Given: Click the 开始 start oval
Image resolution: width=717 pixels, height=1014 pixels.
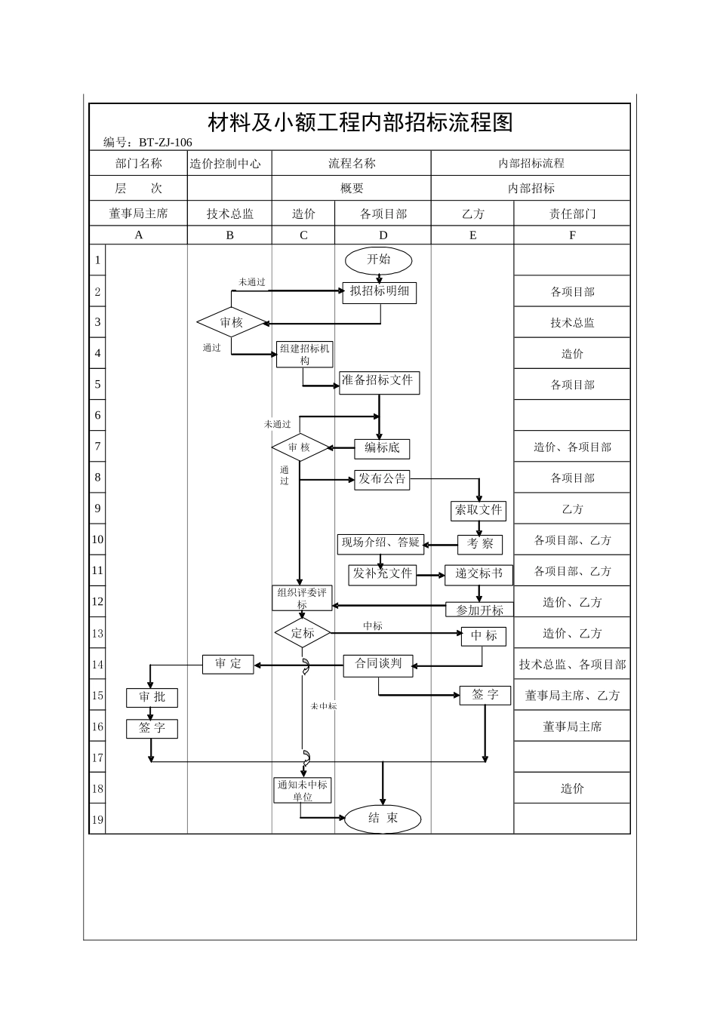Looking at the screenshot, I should [x=379, y=260].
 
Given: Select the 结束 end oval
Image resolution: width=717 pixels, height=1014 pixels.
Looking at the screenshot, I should [x=383, y=819].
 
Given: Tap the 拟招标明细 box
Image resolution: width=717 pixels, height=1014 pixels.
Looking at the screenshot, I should [x=380, y=292].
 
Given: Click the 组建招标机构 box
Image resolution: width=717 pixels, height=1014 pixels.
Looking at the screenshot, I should [x=304, y=354].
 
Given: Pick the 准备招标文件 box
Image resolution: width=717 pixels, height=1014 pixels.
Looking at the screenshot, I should [x=378, y=381].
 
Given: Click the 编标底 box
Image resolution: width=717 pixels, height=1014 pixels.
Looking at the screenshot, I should [x=382, y=448].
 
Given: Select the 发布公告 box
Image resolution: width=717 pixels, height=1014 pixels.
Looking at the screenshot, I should [x=382, y=479].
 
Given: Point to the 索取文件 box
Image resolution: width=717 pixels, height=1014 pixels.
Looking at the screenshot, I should [x=479, y=510].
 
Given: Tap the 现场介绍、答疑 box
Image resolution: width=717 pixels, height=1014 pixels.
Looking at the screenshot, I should [x=380, y=542].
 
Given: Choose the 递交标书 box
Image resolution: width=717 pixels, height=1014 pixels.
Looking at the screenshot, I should [x=479, y=574].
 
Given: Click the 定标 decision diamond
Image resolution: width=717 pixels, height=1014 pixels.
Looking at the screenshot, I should [x=303, y=633].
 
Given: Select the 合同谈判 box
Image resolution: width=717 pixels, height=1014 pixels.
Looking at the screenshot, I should [x=379, y=665].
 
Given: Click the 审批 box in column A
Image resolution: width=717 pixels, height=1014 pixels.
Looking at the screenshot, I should [x=152, y=697].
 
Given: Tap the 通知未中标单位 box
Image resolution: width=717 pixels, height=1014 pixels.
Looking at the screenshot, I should [x=302, y=790].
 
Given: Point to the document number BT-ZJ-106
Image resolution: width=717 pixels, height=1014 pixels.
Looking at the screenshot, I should [x=166, y=142].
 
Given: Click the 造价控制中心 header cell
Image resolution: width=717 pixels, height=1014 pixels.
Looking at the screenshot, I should [x=229, y=163].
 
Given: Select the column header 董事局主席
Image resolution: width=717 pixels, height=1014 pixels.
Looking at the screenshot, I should [x=138, y=214].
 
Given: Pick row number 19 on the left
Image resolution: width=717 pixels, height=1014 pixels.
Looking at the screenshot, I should [x=97, y=819].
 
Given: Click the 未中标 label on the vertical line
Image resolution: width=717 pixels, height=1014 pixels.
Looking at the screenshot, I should [x=323, y=706].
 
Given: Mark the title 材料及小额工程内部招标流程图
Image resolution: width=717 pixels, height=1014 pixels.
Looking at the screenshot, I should [x=360, y=122].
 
